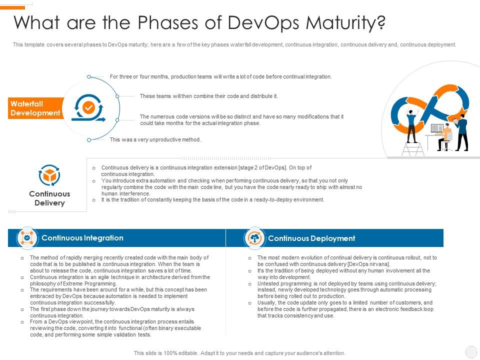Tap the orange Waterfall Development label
[x=35, y=108]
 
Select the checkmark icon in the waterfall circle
[x=88, y=107]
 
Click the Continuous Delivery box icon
[x=49, y=175]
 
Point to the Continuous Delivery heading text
[x=49, y=198]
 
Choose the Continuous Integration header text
[x=82, y=238]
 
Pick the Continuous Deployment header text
[x=311, y=238]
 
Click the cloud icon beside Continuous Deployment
[x=255, y=238]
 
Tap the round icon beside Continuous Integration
[x=27, y=238]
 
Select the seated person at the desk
[x=445, y=136]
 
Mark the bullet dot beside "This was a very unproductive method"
[x=89, y=140]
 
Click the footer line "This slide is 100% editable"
[x=239, y=353]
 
